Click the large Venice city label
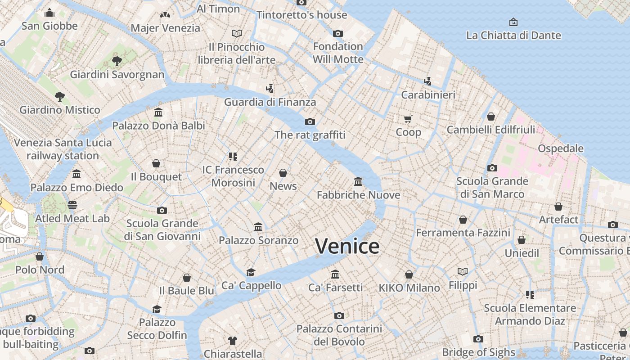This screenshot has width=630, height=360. coord(347,246)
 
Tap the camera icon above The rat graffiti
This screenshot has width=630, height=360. coord(310,121)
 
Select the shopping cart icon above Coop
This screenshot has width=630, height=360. coord(408,119)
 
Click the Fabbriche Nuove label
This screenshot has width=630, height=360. coord(358,195)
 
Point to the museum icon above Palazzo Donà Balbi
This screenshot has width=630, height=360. coord(158,112)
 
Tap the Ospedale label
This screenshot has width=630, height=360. coord(561,148)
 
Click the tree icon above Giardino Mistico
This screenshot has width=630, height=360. coord(59,96)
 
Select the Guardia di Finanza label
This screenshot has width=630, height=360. coord(270,102)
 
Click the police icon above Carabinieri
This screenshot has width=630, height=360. coord(428,81)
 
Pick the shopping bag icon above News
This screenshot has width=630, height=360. coord(283,173)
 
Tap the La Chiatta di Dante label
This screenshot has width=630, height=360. coord(513,35)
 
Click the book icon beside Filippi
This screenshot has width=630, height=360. coord(463,271)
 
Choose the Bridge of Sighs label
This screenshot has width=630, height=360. coord(478,352)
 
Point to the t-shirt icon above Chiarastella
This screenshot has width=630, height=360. coord(232,340)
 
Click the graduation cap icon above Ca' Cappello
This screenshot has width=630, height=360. coord(251,272)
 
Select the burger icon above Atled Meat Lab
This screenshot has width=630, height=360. coord(72,205)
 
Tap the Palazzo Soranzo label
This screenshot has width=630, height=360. coord(258,240)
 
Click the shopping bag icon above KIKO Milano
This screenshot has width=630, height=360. coord(409,274)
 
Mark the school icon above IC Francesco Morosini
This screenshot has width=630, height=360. coord(233,157)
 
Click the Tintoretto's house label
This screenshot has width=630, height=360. coord(301,15)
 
